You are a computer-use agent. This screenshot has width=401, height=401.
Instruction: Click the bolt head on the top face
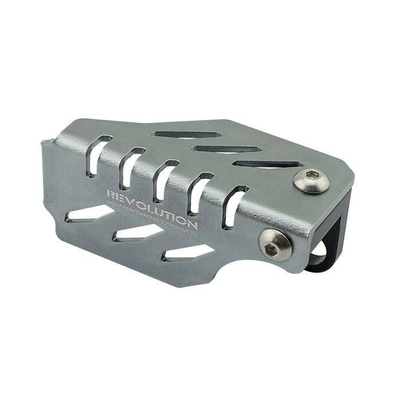[311, 182]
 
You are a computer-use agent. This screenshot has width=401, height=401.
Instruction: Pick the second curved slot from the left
[130, 167]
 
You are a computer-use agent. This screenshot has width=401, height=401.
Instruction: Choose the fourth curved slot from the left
[198, 192]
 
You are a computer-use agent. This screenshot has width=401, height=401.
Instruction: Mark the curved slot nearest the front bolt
[233, 206]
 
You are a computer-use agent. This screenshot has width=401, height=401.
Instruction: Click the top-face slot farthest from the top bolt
[187, 135]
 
